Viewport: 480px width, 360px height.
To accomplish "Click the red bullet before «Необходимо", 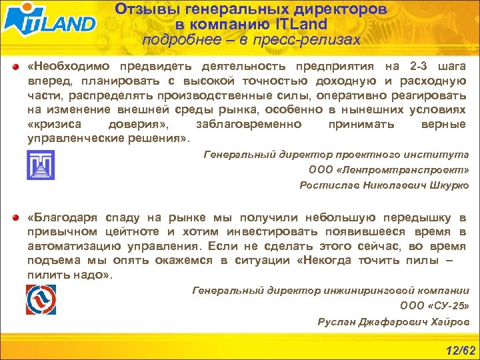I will tap(15, 67).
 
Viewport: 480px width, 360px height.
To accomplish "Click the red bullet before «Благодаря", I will tap(15, 218).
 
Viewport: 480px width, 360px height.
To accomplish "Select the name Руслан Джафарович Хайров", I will tap(393, 321).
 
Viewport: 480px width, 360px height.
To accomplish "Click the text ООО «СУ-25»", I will tap(434, 306).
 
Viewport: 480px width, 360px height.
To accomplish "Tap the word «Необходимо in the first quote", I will tap(69, 67).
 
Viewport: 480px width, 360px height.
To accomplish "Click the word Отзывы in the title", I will tap(143, 10).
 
